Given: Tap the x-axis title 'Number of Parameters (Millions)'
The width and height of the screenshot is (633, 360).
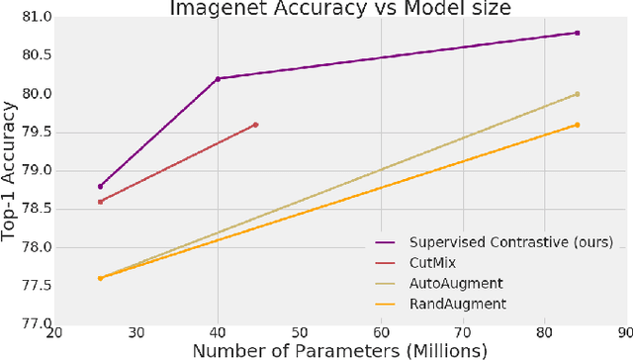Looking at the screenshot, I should [340, 350].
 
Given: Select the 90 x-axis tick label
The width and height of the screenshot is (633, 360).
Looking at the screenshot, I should [625, 334].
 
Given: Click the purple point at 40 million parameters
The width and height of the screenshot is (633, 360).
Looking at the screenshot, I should [218, 79].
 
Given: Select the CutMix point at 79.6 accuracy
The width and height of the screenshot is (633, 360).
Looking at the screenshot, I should [255, 125].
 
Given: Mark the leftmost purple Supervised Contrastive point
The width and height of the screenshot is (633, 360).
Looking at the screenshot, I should [101, 186].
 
